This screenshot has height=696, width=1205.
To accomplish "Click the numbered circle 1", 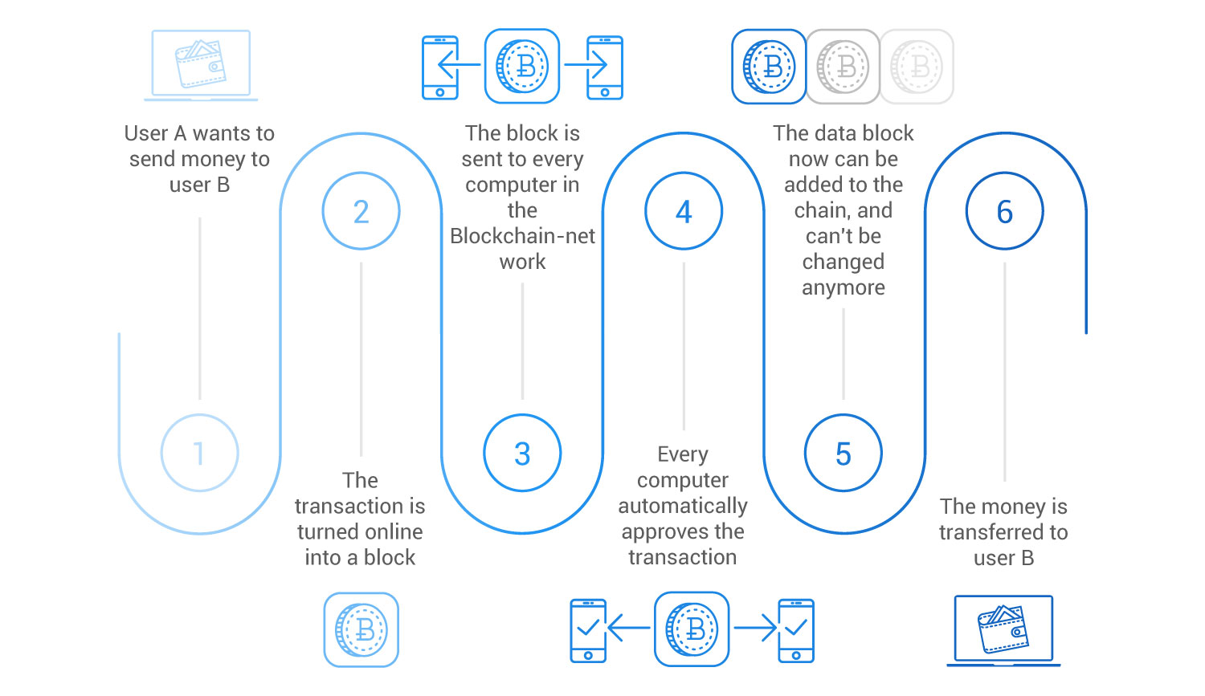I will (x=199, y=453).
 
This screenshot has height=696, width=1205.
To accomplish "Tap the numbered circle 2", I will (x=361, y=211).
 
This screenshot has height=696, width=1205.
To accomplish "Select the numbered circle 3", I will (x=522, y=453).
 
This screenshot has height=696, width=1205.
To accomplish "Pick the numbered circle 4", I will (x=684, y=211).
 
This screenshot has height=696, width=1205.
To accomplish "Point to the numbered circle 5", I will (x=843, y=453).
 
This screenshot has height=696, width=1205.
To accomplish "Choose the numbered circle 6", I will (x=1004, y=211).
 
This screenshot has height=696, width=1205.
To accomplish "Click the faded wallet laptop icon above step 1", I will (x=201, y=65).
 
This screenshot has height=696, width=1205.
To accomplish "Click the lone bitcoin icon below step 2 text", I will (x=361, y=629).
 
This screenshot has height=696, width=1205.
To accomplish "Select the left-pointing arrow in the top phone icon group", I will (x=459, y=65).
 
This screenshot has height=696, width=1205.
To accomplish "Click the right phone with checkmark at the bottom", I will (x=796, y=630).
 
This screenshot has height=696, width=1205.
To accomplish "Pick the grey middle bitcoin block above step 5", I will (x=843, y=67).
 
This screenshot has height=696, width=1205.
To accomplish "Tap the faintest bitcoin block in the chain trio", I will (x=917, y=67).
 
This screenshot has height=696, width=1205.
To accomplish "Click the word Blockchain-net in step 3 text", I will (x=522, y=236).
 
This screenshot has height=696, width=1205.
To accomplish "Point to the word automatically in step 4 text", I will (x=683, y=506).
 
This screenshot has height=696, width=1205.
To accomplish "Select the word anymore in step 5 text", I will (x=843, y=287).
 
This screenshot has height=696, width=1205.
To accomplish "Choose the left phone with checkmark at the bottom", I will (x=588, y=630).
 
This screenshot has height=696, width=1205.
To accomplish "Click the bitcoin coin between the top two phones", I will (x=522, y=66).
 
